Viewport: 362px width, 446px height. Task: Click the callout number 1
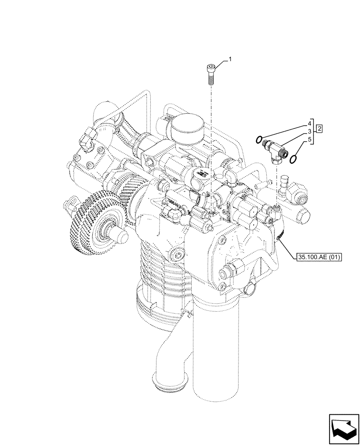tap(230, 59)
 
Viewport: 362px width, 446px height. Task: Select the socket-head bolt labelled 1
tap(211, 74)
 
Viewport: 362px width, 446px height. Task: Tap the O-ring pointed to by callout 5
tap(294, 159)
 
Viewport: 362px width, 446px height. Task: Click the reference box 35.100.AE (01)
tap(317, 257)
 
